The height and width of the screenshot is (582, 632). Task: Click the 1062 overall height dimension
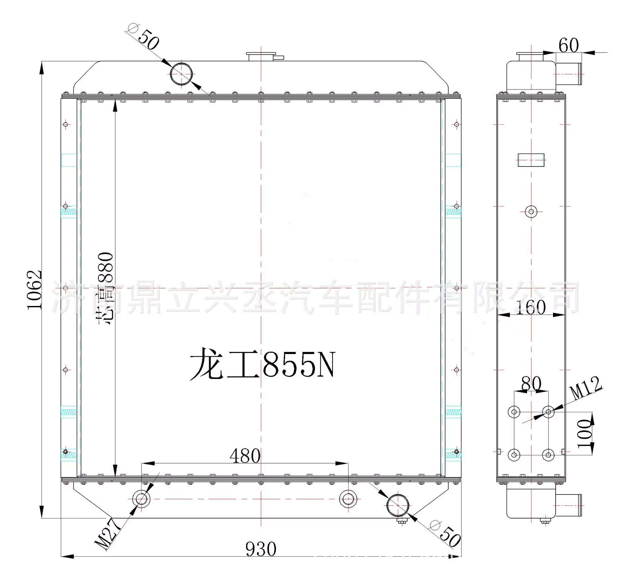click(34, 290)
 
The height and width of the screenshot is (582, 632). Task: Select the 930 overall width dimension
click(261, 549)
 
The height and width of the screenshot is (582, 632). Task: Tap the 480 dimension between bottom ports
click(245, 456)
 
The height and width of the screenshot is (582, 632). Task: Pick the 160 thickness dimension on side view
click(530, 307)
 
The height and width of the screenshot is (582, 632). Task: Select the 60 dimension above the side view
click(568, 45)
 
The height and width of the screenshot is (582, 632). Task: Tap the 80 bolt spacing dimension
click(531, 383)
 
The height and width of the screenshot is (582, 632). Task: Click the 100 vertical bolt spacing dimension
click(585, 433)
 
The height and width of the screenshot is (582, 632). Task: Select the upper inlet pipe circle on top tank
click(181, 74)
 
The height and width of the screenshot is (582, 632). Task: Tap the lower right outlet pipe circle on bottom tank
click(398, 505)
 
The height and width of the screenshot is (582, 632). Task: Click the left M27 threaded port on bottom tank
click(141, 499)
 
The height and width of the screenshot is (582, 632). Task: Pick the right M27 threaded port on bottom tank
click(348, 499)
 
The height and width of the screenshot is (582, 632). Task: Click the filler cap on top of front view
click(262, 56)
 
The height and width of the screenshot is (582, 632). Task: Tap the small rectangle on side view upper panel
click(531, 160)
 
